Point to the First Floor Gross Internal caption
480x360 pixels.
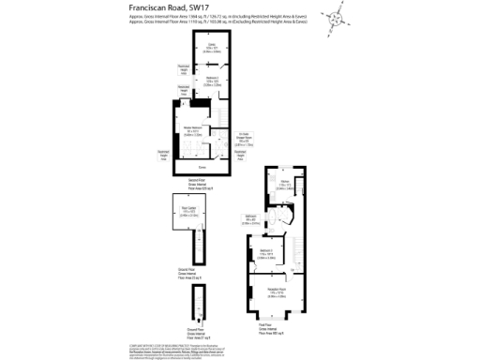(x=277, y=330)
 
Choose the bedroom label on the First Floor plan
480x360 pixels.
(x=266, y=253)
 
